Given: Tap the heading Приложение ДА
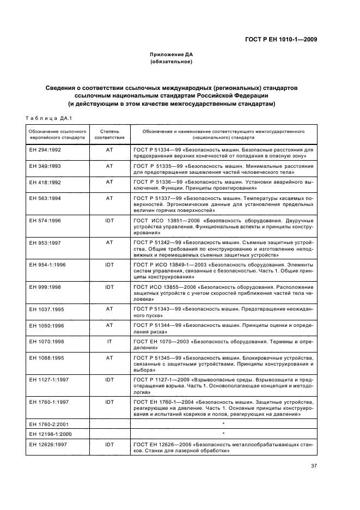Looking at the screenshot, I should click(x=172, y=54).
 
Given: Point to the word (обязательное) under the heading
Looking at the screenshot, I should click(x=172, y=62).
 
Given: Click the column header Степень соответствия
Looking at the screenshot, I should click(x=109, y=135).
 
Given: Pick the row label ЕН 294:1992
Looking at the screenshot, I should click(x=45, y=149).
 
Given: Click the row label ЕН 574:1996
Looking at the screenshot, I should click(x=45, y=221).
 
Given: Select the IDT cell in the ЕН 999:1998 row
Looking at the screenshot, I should click(x=109, y=287).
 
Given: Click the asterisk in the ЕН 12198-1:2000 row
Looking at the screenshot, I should click(x=223, y=434).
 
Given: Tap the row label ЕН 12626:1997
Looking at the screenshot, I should click(x=47, y=445).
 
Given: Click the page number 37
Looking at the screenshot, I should click(x=314, y=466).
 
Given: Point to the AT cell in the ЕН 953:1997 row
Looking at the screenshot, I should click(x=109, y=241).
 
